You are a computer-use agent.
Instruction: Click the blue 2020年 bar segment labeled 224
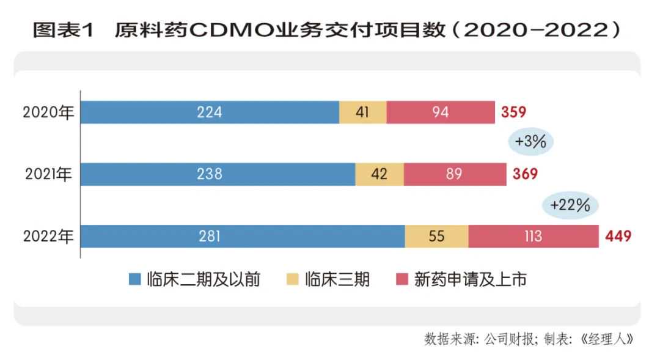coord(210,112)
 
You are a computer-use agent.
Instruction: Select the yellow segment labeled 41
coord(362,112)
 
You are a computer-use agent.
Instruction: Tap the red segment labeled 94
coord(441,112)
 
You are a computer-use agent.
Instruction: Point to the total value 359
coord(513,112)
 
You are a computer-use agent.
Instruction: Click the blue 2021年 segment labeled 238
coord(218,174)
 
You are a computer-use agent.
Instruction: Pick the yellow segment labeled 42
coord(379,174)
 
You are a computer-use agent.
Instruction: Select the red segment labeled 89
coord(455,174)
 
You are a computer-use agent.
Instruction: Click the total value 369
coord(525,174)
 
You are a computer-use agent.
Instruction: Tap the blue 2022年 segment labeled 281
coord(242,237)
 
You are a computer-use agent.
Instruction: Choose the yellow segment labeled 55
coord(436,237)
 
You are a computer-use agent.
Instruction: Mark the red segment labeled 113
coord(533,237)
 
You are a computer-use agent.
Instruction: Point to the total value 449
coord(618,237)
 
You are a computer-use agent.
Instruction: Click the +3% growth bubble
coord(531,142)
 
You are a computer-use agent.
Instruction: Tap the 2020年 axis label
coord(48,112)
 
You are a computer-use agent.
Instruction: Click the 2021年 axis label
coord(48,174)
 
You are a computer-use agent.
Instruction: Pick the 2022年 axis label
coord(48,237)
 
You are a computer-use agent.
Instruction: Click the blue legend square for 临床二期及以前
coord(134,281)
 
